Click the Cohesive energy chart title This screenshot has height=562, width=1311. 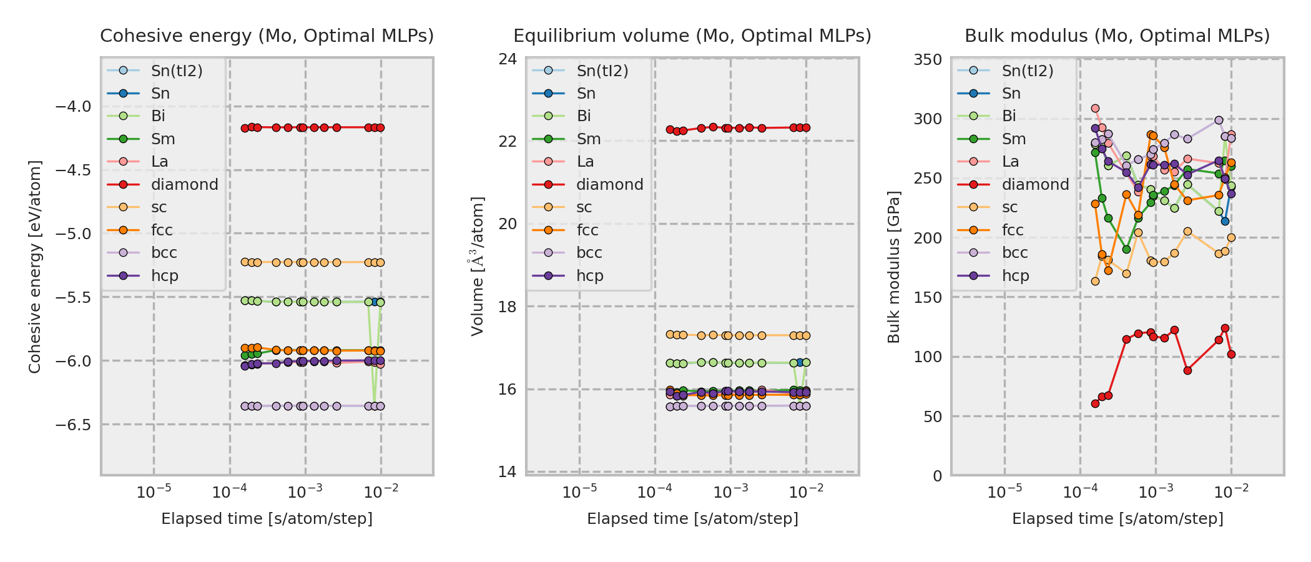[x=267, y=36]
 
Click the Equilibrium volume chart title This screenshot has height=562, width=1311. [x=692, y=36]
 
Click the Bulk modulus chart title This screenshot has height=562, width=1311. [x=1117, y=36]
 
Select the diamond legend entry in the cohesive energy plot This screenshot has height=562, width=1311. [x=184, y=185]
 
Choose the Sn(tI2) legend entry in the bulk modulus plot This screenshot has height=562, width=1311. [x=1027, y=71]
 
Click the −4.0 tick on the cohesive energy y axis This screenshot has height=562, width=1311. [x=73, y=107]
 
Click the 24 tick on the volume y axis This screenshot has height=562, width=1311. [x=508, y=59]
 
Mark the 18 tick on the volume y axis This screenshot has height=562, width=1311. [x=508, y=307]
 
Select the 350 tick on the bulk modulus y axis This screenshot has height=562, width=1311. [x=928, y=60]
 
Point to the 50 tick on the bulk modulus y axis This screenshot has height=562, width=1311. [x=933, y=417]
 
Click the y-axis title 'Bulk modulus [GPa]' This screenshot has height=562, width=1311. [x=894, y=267]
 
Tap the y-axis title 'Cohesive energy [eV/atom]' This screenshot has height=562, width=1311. [x=35, y=267]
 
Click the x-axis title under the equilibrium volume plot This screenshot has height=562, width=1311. [x=692, y=519]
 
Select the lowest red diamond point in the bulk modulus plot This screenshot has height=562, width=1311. [x=1095, y=403]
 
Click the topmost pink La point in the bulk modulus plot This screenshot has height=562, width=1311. [x=1095, y=108]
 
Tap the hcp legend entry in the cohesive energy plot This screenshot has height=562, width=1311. [x=164, y=276]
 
